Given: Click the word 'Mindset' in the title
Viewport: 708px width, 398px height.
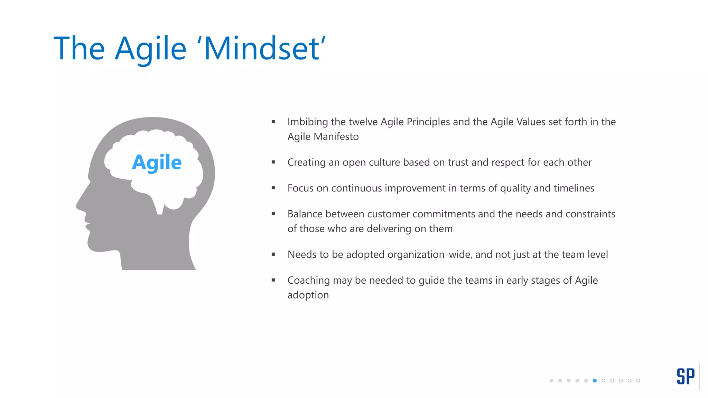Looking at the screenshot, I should tap(262, 49).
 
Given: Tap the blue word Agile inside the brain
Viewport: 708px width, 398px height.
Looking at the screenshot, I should tap(157, 162).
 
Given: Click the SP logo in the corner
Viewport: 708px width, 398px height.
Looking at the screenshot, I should tap(686, 376).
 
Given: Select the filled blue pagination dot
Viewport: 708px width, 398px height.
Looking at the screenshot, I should tap(595, 381).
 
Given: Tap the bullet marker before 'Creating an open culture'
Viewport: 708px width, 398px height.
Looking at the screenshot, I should tap(273, 162).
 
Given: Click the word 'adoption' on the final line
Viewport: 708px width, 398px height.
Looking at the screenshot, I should tap(308, 295).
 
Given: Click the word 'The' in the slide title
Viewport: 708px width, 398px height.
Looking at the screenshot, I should tap(79, 49).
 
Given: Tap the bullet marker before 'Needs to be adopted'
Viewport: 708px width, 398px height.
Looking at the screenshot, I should tap(273, 254).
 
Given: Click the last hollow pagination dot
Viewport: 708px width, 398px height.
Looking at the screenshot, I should tap(638, 381).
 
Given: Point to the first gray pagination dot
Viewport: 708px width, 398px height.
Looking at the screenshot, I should tap(551, 381).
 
